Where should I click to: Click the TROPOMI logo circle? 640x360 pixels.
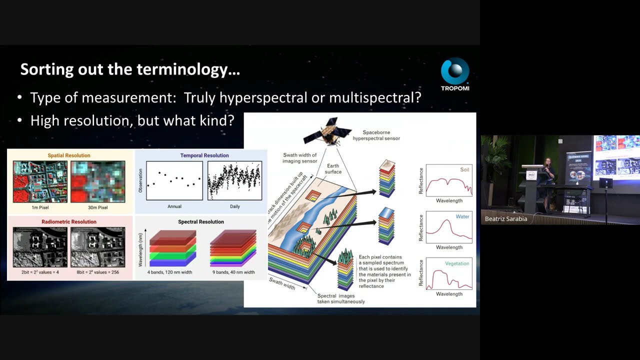[455, 71]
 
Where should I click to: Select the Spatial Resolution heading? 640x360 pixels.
[69, 155]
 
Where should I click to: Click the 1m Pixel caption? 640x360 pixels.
[40, 207]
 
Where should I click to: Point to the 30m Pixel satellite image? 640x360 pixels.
[98, 181]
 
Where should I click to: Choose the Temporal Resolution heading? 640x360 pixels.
[204, 155]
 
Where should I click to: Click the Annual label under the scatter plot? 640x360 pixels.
[174, 206]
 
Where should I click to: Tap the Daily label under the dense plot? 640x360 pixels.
[234, 206]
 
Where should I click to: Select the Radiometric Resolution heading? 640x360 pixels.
[69, 221]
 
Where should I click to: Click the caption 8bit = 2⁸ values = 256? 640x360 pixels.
[97, 272]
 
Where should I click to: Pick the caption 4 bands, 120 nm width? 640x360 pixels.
[170, 272]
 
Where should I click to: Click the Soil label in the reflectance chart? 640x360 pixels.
[464, 170]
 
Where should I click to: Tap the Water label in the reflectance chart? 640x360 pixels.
[462, 217]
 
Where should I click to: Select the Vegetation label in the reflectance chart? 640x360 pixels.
[457, 263]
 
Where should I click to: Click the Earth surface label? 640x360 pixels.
[333, 169]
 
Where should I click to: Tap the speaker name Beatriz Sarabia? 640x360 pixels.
[506, 219]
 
